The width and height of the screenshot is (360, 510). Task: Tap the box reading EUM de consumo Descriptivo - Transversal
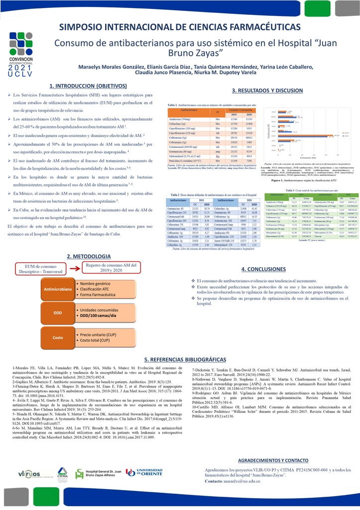coord(42,267)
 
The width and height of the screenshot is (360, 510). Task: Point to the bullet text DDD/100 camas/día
coord(99,316)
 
